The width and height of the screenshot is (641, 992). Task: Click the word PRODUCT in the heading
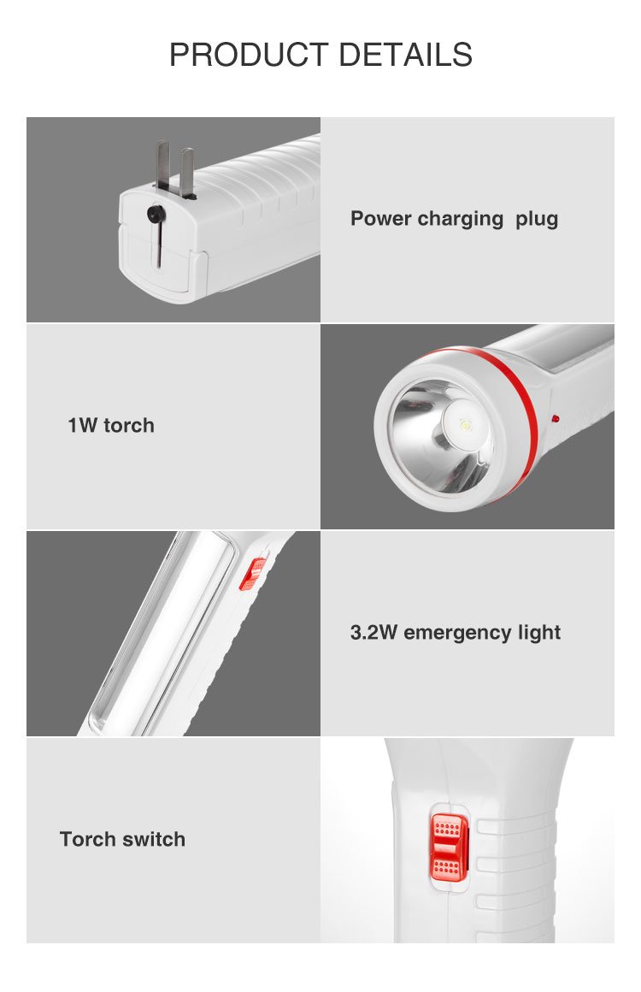(x=249, y=55)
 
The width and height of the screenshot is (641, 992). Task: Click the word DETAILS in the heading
(x=406, y=55)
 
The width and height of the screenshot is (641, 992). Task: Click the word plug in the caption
(x=537, y=220)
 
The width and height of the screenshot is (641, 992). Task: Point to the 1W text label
(x=82, y=425)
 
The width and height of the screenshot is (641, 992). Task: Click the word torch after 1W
(x=129, y=425)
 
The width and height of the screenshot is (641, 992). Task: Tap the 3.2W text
(x=373, y=632)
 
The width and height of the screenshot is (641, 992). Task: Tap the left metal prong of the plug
(x=163, y=165)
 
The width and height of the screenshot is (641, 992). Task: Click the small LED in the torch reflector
(x=467, y=423)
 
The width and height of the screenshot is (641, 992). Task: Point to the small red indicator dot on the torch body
(x=555, y=418)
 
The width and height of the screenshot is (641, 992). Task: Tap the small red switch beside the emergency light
(x=252, y=574)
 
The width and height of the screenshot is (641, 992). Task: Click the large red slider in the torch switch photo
(x=450, y=848)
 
